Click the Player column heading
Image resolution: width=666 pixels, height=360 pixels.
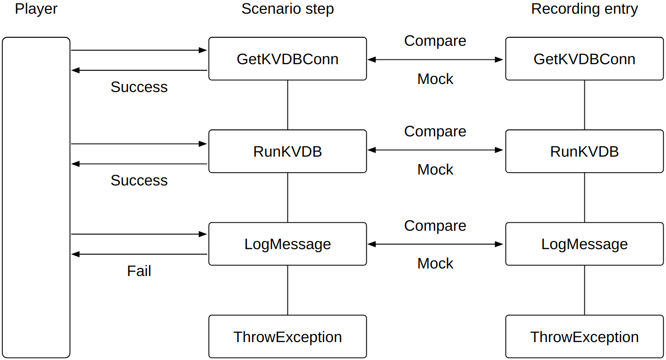pyautogui.click(x=36, y=9)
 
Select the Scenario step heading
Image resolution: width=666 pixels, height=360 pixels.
pyautogui.click(x=287, y=9)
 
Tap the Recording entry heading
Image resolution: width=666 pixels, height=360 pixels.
pyautogui.click(x=584, y=9)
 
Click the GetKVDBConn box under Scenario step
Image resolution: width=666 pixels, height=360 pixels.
pyautogui.click(x=287, y=59)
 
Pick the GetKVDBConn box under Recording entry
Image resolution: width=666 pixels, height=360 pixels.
pyautogui.click(x=584, y=59)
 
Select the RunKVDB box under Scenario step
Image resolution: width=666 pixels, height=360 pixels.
pyautogui.click(x=287, y=151)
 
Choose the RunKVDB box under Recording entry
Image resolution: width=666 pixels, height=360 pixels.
pyautogui.click(x=584, y=151)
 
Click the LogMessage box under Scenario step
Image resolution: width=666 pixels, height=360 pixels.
pyautogui.click(x=287, y=244)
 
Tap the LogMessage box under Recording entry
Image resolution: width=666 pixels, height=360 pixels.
pyautogui.click(x=584, y=244)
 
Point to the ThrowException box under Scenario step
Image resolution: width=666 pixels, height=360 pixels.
pyautogui.click(x=287, y=337)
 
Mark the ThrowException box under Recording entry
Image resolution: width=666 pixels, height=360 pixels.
pyautogui.click(x=584, y=337)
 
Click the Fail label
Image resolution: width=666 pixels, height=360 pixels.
pyautogui.click(x=139, y=271)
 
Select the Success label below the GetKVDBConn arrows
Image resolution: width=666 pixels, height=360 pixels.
pyautogui.click(x=139, y=87)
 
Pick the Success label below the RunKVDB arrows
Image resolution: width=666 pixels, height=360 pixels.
pyautogui.click(x=139, y=181)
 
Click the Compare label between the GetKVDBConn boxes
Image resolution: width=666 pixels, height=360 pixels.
pyautogui.click(x=435, y=41)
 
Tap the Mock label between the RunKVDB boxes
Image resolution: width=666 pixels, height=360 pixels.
pyautogui.click(x=435, y=170)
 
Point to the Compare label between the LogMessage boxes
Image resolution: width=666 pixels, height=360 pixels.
pyautogui.click(x=435, y=226)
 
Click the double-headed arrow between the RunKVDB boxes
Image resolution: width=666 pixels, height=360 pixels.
pyautogui.click(x=435, y=150)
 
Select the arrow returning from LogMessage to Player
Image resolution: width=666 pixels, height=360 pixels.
pyautogui.click(x=139, y=254)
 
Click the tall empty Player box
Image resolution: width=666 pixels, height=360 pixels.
pyautogui.click(x=36, y=198)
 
